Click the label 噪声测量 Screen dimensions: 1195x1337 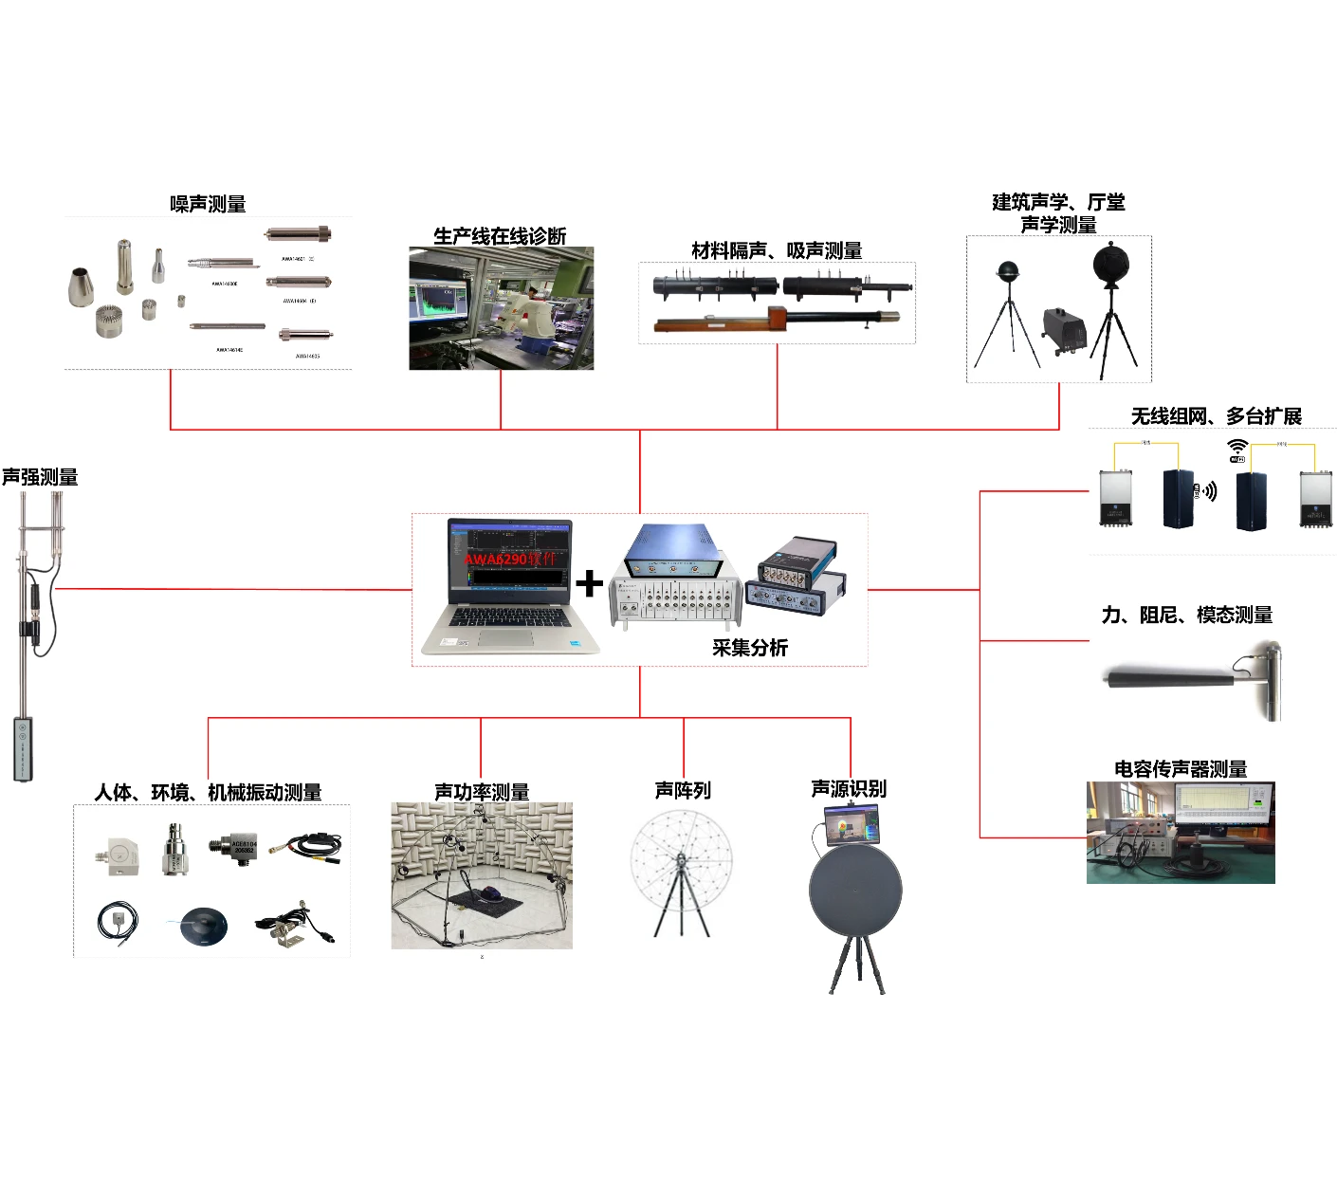coord(208,204)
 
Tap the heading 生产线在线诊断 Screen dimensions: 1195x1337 coord(500,236)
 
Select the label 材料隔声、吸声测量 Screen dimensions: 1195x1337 coord(777,250)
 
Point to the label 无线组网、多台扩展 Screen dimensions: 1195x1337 coord(1216,416)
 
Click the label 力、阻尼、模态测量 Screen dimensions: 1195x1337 coord(1186,615)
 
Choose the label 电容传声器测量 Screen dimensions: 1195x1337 coord(1181,769)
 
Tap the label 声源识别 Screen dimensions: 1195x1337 coord(849,789)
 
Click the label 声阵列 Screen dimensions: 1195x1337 coord(683,790)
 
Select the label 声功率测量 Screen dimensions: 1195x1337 coord(482,791)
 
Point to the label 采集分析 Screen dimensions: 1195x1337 coord(750,648)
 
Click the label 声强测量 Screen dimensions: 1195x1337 coord(40,477)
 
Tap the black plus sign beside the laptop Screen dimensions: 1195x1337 coord(589,583)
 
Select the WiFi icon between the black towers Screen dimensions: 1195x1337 coord(1237,450)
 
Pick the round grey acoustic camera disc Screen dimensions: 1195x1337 coord(855,891)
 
